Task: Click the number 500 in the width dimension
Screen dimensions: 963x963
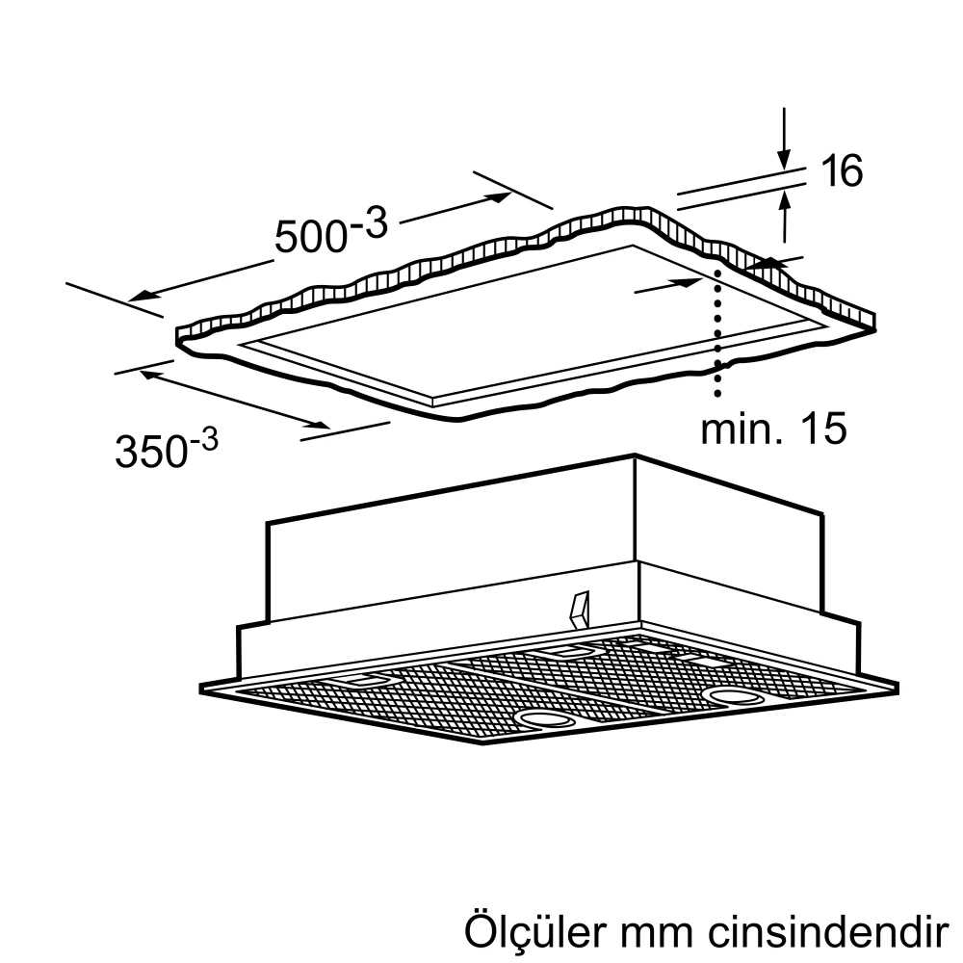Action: point(311,236)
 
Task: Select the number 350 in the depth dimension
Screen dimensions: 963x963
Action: point(150,452)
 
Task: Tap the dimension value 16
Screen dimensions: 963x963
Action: point(842,170)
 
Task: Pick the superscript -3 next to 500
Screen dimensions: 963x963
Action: point(370,224)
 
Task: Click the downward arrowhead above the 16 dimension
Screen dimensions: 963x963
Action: point(784,159)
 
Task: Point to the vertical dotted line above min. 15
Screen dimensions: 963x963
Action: point(716,332)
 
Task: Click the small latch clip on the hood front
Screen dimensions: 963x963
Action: point(579,610)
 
